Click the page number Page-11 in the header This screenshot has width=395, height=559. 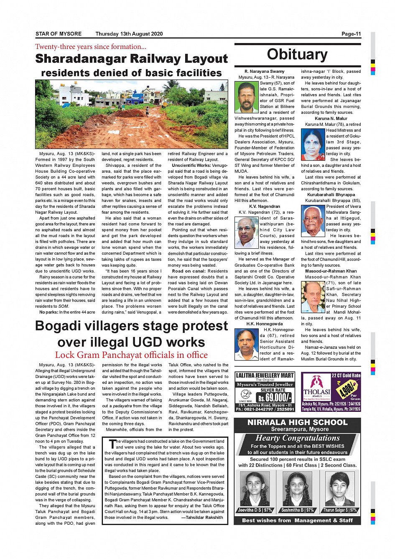[x=351, y=34]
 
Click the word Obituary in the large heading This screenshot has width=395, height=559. [x=297, y=54]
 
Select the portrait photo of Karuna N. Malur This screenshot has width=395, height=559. [x=313, y=145]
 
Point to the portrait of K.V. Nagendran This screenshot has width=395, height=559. [x=247, y=232]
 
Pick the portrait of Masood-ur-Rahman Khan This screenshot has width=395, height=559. [x=313, y=297]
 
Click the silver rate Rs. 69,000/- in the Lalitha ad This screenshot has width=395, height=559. [x=275, y=397]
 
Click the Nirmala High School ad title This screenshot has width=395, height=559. [x=297, y=422]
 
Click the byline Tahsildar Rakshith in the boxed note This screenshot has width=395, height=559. [x=202, y=518]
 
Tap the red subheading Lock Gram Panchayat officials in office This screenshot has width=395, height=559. [x=131, y=355]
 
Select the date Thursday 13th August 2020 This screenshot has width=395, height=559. [x=129, y=34]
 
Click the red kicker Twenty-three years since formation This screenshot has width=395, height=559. [x=91, y=47]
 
